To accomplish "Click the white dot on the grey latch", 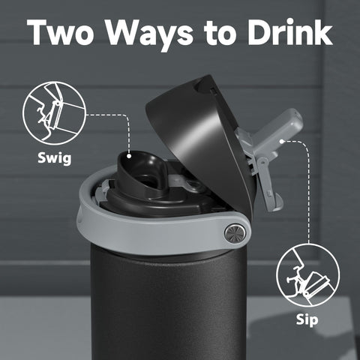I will pyautogui.click(x=281, y=140).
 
